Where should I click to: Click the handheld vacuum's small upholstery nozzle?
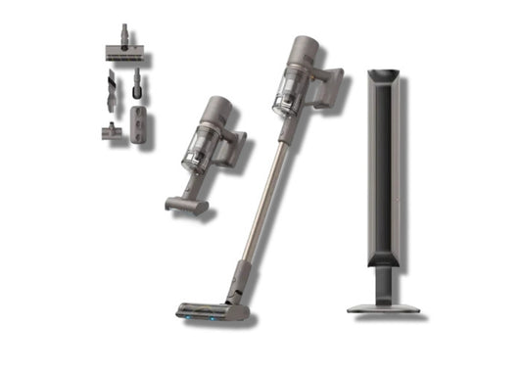(x=185, y=204)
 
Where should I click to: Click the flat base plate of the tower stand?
(x=384, y=307)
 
